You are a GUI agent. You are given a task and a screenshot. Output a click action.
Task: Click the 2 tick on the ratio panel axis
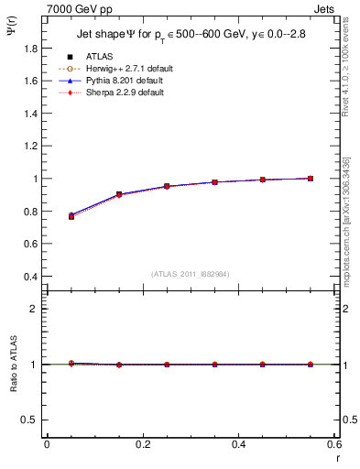click(34, 309)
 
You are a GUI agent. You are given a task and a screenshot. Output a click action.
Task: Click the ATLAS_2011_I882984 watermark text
click(190, 274)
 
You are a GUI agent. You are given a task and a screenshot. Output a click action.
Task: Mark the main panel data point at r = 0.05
click(71, 216)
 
